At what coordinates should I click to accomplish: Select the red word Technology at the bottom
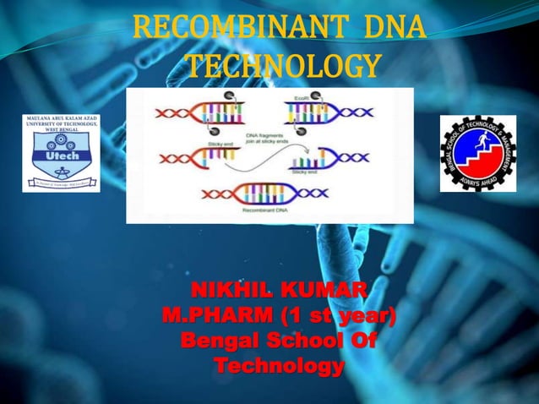pyautogui.click(x=279, y=367)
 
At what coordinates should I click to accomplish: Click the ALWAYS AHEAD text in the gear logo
pyautogui.click(x=477, y=180)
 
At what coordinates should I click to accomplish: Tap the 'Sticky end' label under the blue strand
pyautogui.click(x=302, y=171)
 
